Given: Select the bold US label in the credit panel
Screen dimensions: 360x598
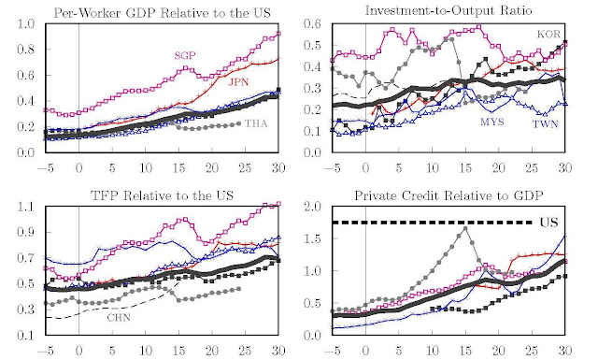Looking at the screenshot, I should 551,223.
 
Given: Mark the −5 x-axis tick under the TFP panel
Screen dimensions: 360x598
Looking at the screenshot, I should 42,352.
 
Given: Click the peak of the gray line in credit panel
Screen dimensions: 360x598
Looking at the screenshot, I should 465,228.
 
